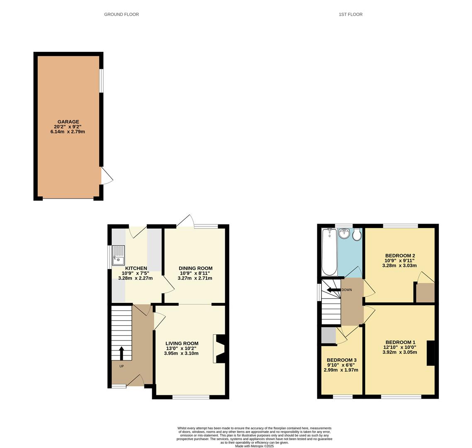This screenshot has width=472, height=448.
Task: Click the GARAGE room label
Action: coord(68,122)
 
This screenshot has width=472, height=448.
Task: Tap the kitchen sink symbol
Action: coord(118,256)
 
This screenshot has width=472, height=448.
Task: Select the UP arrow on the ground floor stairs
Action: coord(122,353)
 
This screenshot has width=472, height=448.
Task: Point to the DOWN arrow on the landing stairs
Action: coord(333,290)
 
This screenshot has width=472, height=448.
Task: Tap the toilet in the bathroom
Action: coord(357,235)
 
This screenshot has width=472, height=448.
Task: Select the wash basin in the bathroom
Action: coord(344,234)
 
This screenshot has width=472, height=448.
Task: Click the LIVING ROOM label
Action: coord(182,343)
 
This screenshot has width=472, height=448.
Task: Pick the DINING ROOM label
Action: coord(195,268)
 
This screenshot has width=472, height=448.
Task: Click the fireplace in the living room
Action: coord(219,349)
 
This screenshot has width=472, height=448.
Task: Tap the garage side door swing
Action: coord(106,176)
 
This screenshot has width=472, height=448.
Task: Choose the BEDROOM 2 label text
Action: coord(400,256)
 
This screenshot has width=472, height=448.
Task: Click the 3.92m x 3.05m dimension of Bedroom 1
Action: coord(399,352)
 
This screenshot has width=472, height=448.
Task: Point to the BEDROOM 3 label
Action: coord(341,360)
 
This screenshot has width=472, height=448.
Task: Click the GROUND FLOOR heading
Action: coord(121,15)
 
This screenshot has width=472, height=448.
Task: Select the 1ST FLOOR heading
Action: coord(350,15)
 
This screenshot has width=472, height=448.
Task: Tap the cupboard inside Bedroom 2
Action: coord(425,293)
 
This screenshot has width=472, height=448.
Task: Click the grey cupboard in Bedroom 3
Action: coord(328,336)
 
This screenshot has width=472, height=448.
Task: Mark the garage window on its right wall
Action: coord(102,81)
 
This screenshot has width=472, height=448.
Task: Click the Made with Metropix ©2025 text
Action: coord(254,446)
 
